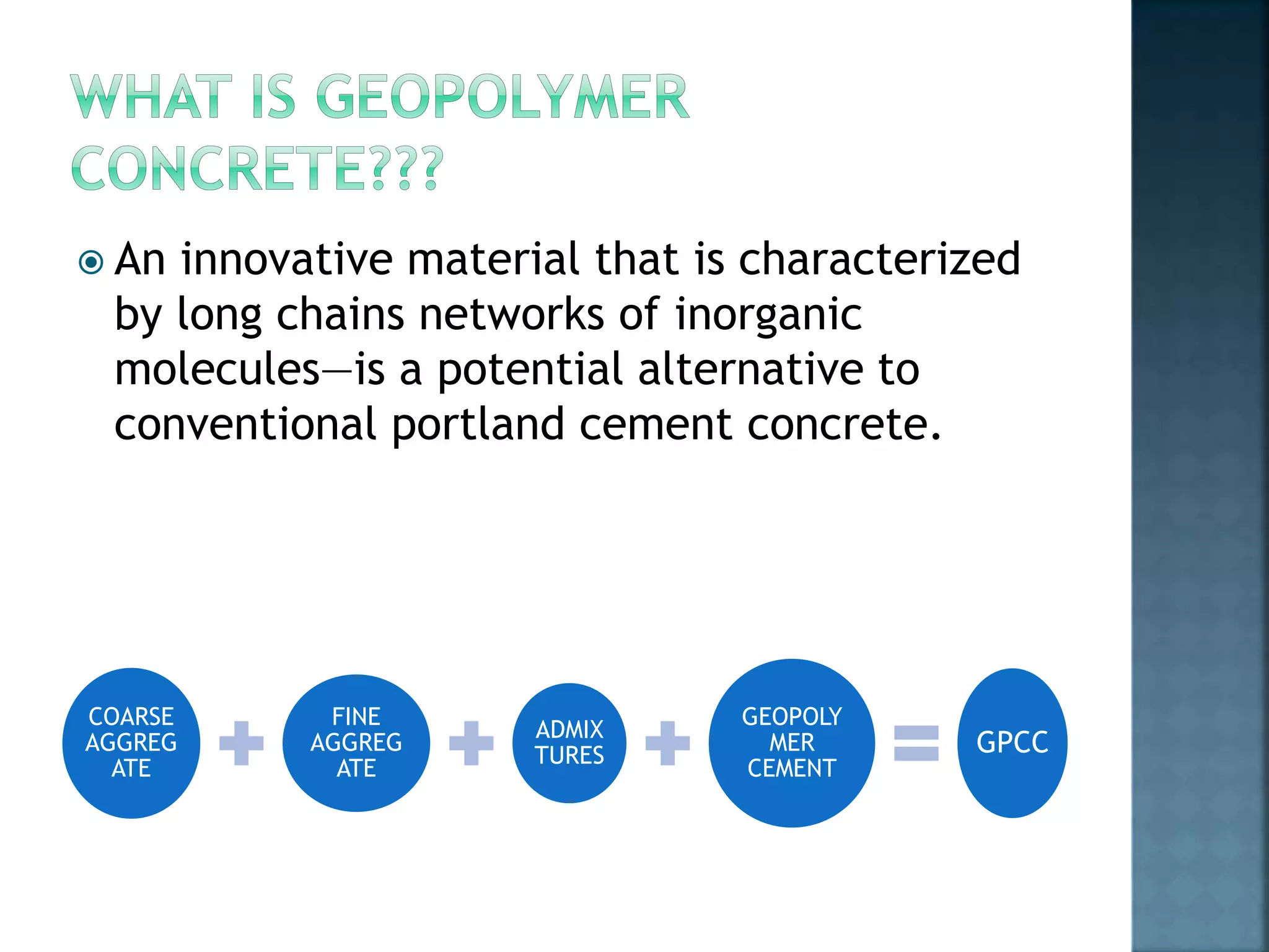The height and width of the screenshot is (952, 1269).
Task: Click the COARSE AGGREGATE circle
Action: (131, 743)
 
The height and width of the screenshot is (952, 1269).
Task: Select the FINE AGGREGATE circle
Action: (356, 743)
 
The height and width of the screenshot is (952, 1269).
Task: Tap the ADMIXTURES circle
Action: (569, 743)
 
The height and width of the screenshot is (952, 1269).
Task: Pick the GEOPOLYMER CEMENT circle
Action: (791, 743)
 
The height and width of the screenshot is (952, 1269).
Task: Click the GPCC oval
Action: (1012, 743)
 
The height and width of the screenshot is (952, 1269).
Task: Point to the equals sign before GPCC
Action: (916, 743)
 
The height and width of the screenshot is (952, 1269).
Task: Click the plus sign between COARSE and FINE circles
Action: (241, 743)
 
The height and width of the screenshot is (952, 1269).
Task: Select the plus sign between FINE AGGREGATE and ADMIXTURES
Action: (471, 743)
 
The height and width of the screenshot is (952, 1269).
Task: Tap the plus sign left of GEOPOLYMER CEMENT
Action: (667, 743)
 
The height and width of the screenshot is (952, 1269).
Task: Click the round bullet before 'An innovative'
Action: (91, 262)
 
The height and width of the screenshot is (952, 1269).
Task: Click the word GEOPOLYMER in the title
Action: (502, 97)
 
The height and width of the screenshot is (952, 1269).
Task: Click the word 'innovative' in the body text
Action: (287, 259)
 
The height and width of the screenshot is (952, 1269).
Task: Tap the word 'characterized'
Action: (879, 259)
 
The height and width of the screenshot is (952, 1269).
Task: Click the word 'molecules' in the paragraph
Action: (217, 369)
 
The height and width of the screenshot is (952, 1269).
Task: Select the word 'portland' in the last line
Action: (478, 425)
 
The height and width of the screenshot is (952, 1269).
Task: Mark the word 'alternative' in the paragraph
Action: (750, 369)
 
